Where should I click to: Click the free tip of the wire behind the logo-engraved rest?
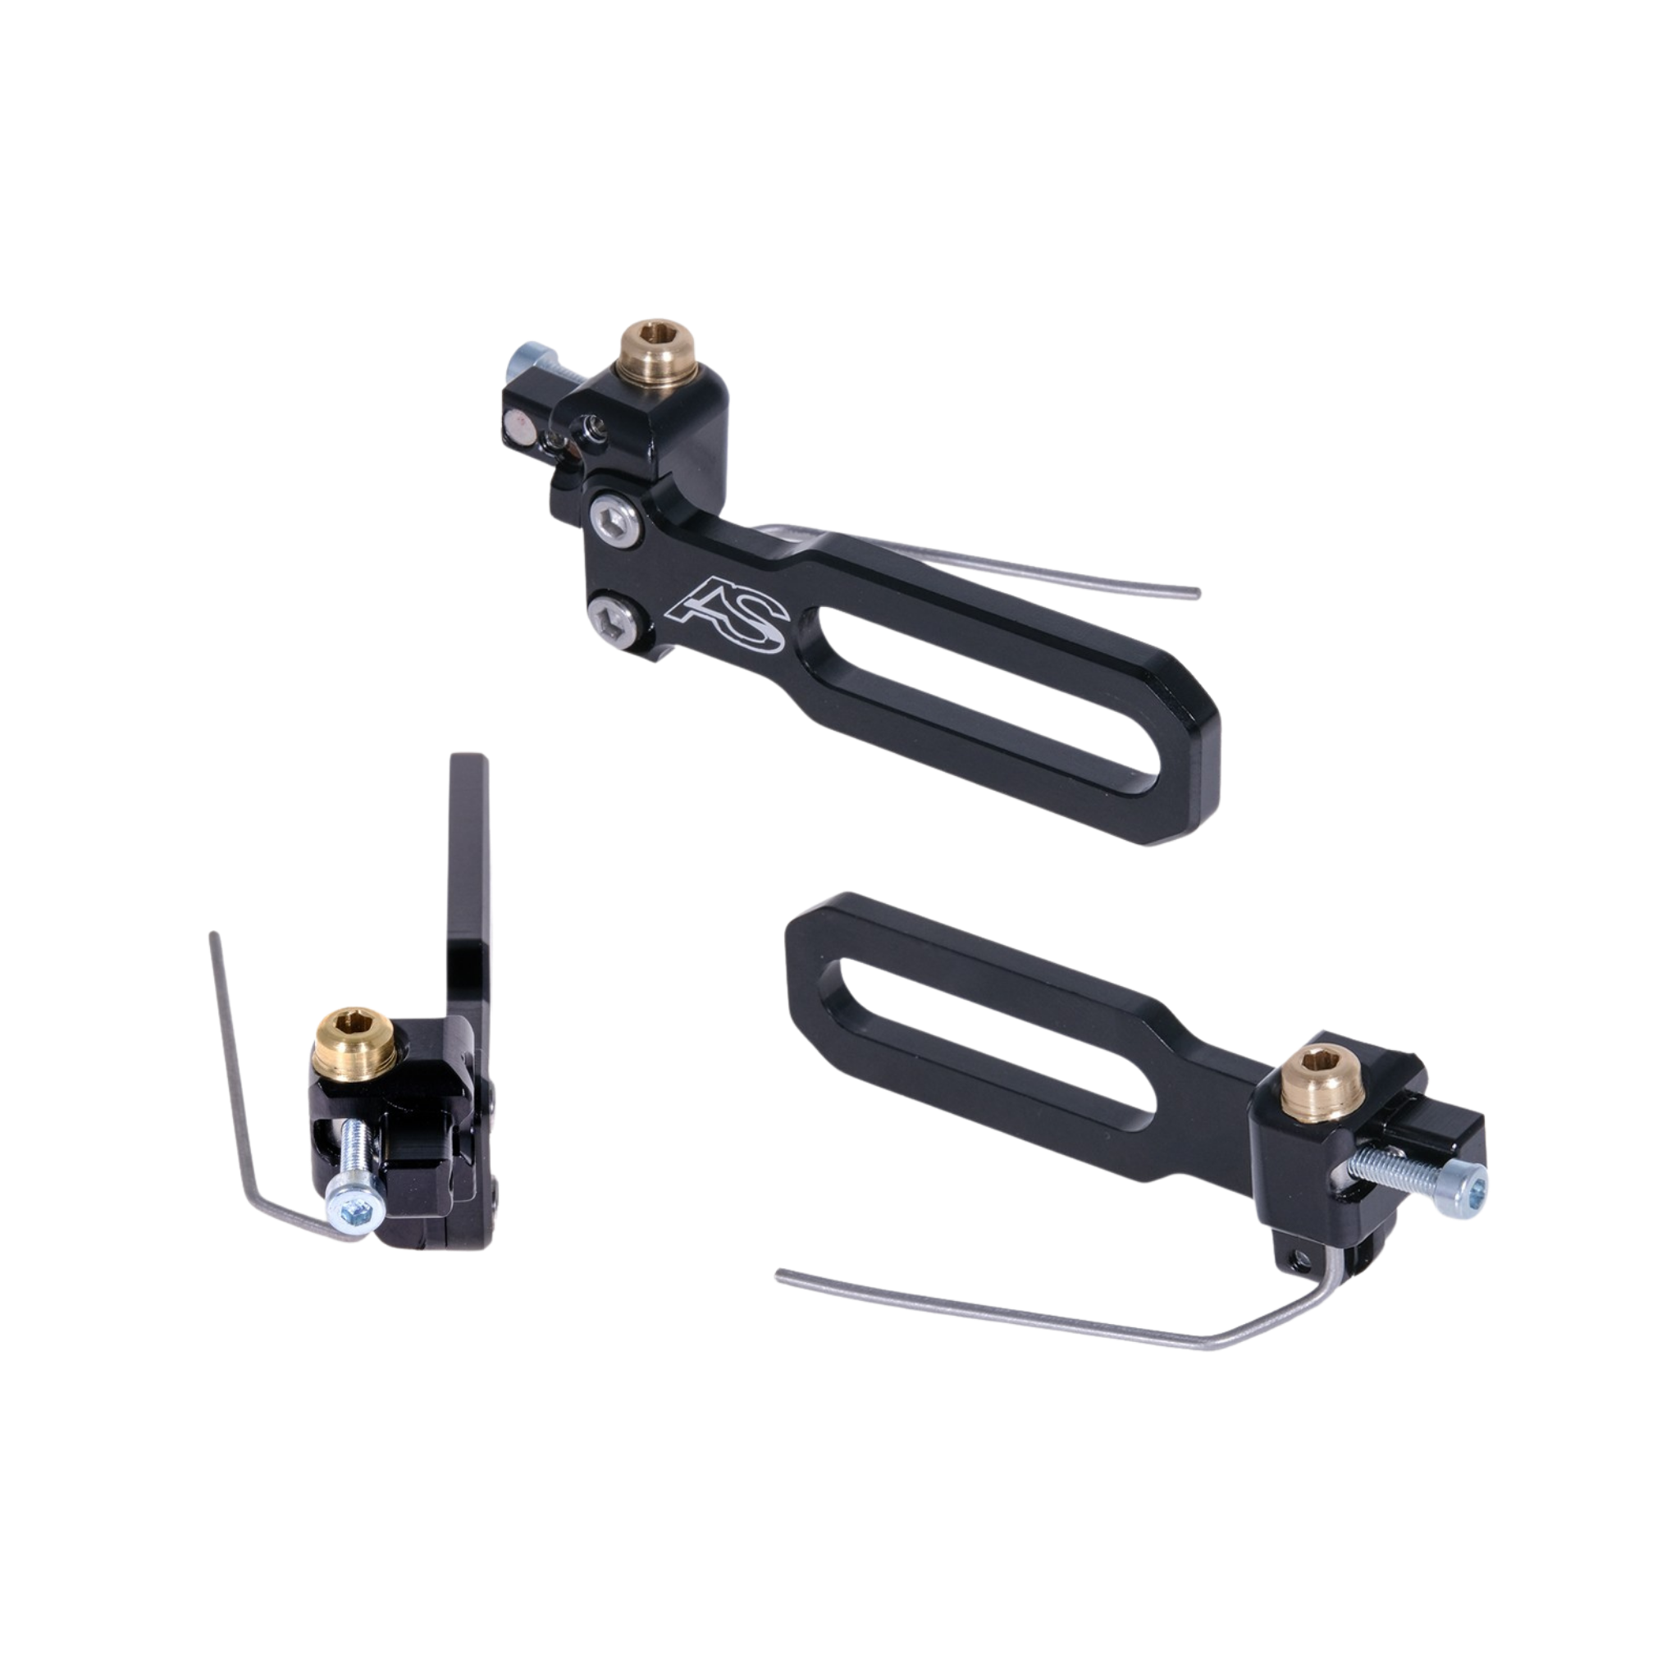1197,595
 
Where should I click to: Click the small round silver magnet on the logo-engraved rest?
521,427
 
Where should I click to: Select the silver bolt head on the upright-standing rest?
352,1207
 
